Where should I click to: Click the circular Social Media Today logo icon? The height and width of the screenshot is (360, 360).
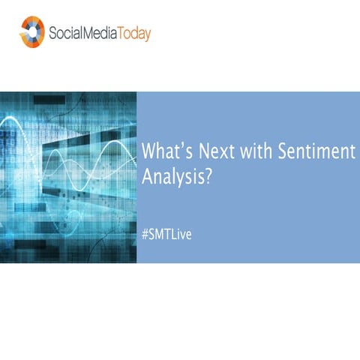(32, 31)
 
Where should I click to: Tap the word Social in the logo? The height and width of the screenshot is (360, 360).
(65, 33)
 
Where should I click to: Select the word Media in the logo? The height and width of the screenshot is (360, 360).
(100, 33)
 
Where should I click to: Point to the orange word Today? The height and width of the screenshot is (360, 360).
(134, 34)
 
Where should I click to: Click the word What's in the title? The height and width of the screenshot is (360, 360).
(167, 151)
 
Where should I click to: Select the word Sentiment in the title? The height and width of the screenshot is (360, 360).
(316, 151)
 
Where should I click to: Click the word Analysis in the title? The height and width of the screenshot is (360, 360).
(173, 177)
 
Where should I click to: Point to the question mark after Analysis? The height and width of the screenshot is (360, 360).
(208, 175)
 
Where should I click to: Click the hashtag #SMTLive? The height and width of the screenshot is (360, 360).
(166, 234)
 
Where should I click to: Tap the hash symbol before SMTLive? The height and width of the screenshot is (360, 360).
(145, 235)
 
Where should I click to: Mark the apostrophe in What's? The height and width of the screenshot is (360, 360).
(184, 145)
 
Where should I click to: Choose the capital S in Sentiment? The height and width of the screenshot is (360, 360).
(283, 151)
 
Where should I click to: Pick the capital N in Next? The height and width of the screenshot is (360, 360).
(205, 151)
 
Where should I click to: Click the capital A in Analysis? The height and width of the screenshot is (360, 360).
(148, 176)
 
